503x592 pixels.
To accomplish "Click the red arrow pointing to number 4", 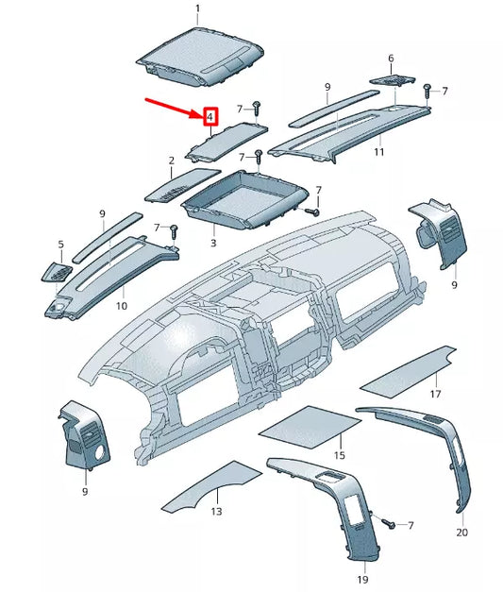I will click(x=175, y=107).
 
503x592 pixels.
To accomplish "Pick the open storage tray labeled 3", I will click(x=245, y=198).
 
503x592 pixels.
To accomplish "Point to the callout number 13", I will click(x=216, y=511).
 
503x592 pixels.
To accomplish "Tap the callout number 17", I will click(x=435, y=394).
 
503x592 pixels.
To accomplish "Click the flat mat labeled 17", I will click(x=410, y=370).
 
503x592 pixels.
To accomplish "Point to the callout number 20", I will click(x=461, y=533).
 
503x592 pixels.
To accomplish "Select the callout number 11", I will click(x=378, y=151).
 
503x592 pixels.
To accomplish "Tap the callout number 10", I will click(x=122, y=306).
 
